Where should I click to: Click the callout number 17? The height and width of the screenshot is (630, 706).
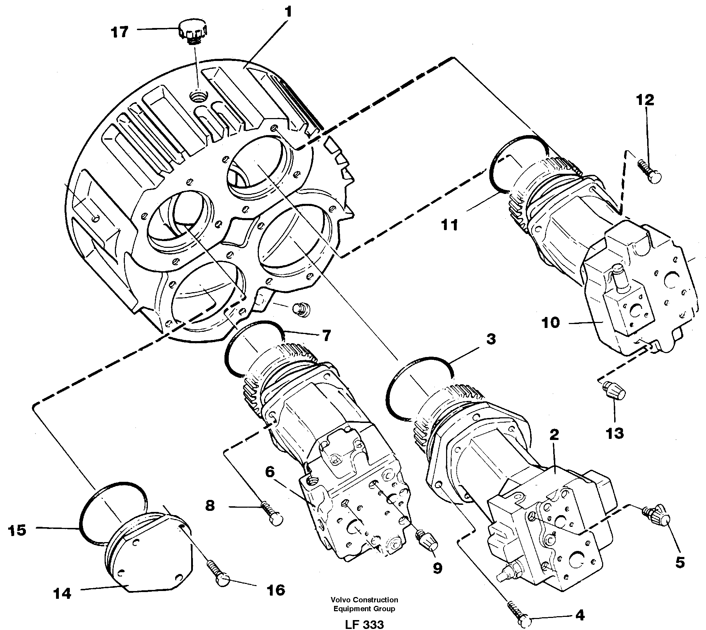coord(119,33)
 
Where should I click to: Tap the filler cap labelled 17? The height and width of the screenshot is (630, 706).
coord(193,32)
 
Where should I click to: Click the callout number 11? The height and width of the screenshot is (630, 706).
coord(450,224)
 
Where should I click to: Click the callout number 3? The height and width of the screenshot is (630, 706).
coord(491,339)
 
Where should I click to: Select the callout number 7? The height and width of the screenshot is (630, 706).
coord(326,335)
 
